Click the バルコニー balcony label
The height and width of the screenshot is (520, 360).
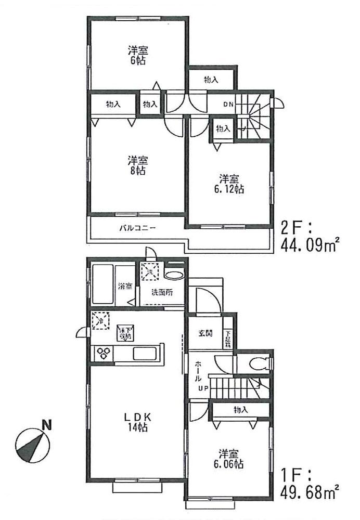138,227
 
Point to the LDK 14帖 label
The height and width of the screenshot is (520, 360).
137,422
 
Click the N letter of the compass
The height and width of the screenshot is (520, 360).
47,425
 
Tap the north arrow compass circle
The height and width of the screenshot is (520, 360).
32,445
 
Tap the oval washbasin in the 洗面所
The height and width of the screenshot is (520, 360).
173,276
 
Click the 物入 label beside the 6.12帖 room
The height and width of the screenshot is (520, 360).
223,128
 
